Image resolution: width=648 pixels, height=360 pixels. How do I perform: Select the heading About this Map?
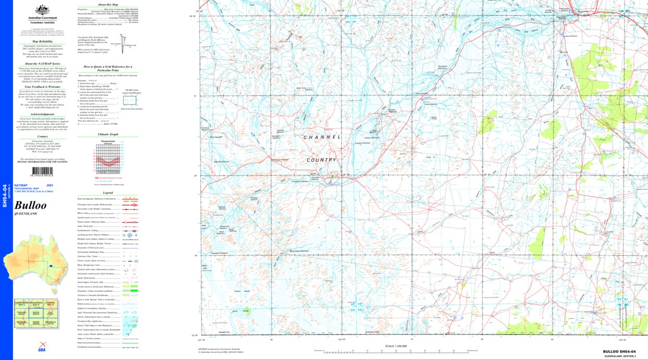pos(107,4)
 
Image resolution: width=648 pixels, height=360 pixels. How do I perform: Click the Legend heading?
pos(107,193)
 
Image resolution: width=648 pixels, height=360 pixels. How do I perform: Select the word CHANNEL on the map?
pos(322,137)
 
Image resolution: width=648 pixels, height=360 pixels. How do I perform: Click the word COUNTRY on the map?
pos(321,160)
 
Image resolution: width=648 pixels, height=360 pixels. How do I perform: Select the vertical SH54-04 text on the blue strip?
pos(5,196)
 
